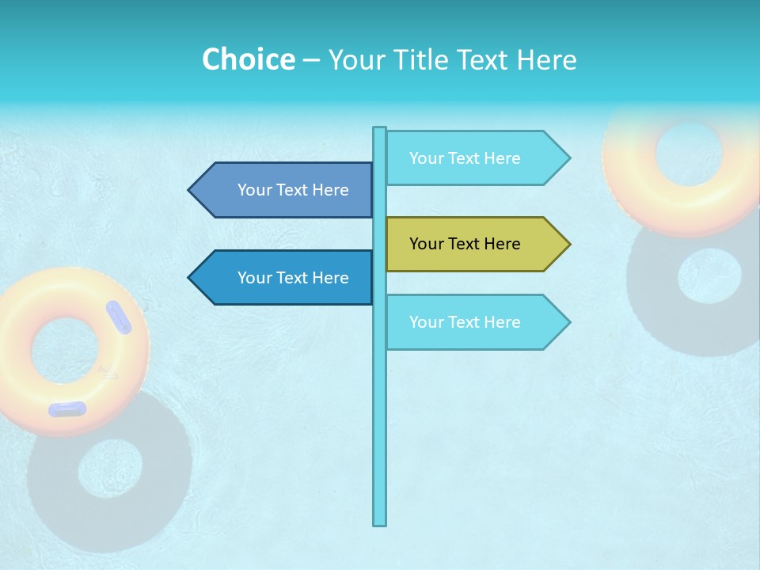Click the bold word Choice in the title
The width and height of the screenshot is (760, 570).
(x=248, y=59)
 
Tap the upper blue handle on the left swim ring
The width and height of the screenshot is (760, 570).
(x=119, y=317)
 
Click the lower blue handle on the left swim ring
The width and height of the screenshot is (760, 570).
(x=67, y=409)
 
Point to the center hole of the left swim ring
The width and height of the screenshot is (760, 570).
(x=67, y=349)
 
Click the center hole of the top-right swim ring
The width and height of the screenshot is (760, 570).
(x=688, y=154)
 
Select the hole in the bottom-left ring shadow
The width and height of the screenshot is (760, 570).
(x=110, y=469)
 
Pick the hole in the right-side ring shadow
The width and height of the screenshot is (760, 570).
(x=709, y=275)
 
